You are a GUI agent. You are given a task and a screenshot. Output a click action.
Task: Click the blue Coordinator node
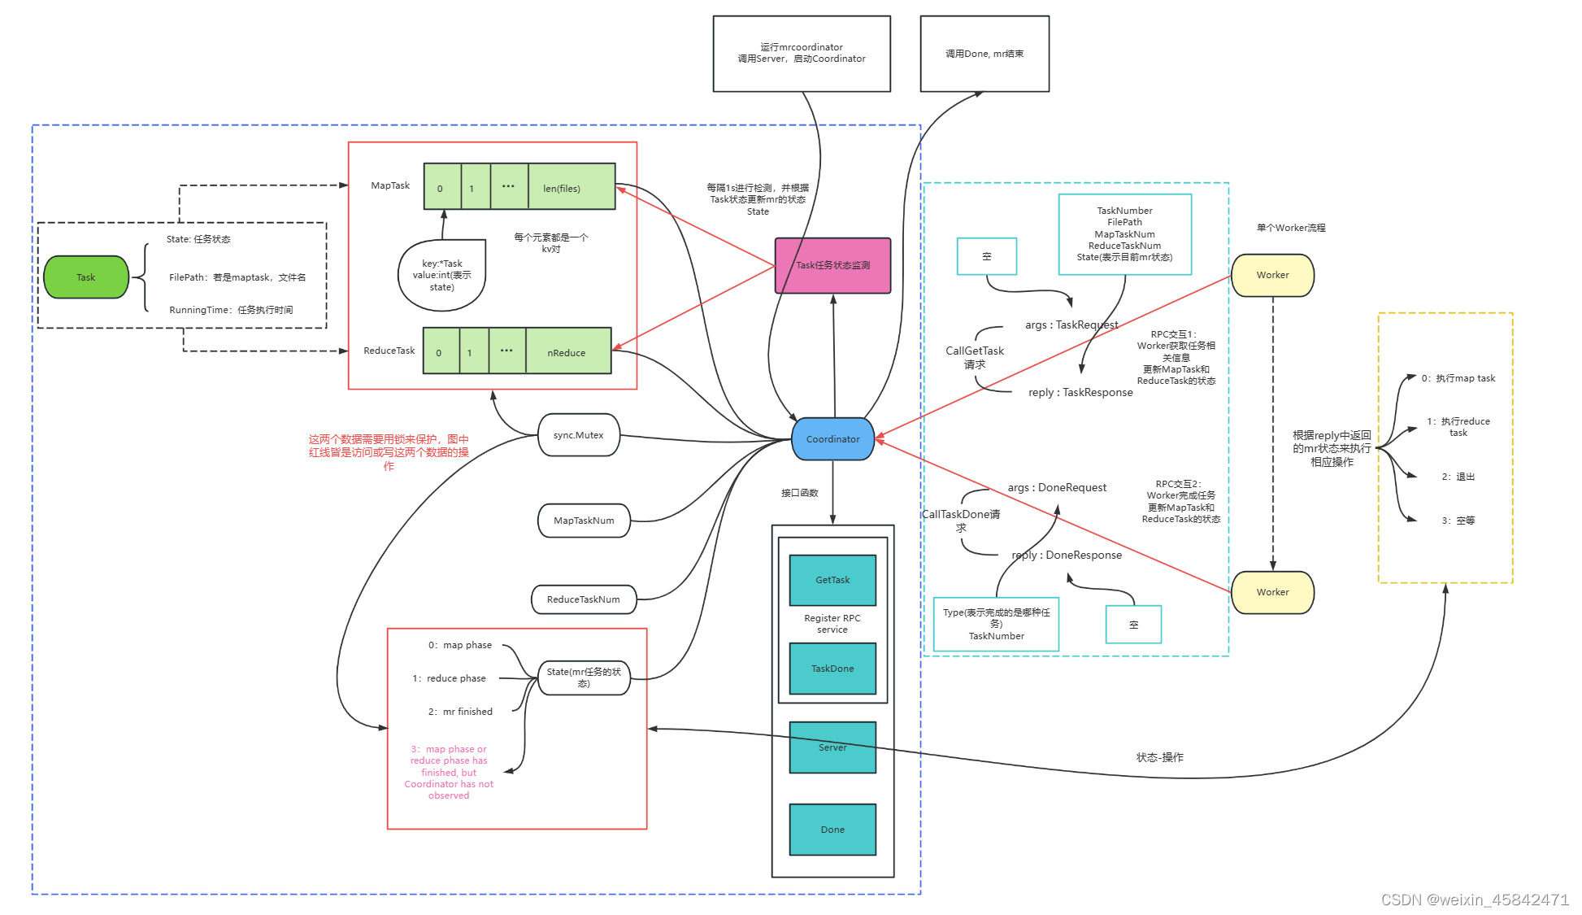[x=832, y=439]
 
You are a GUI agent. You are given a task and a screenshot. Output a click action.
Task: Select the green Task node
[x=86, y=277]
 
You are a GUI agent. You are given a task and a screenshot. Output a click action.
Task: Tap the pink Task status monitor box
[x=832, y=265]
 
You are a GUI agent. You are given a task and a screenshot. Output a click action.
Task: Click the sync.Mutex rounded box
[x=578, y=435]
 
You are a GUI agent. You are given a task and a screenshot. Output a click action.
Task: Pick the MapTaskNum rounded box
[x=584, y=521]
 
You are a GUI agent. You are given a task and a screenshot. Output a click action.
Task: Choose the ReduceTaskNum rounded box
[x=583, y=599]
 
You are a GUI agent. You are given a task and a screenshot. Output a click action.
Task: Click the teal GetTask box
[x=832, y=580]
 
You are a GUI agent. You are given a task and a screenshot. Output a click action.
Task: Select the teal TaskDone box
[x=832, y=669]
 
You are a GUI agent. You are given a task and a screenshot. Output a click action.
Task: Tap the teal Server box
[x=832, y=747]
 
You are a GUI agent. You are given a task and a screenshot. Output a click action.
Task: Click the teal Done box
[x=832, y=830]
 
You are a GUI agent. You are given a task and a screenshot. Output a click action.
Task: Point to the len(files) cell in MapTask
[x=571, y=187]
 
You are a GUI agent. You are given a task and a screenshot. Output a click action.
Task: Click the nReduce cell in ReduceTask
[x=567, y=351]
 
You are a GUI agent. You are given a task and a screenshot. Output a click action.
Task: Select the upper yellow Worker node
[x=1272, y=275]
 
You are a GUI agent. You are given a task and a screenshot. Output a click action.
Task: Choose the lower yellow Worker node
[x=1272, y=592]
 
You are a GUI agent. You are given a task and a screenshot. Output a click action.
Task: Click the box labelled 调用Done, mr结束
[x=984, y=54]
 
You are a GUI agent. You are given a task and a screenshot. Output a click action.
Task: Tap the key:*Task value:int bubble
[x=441, y=275]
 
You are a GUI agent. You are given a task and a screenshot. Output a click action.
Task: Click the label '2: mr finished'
[x=460, y=712]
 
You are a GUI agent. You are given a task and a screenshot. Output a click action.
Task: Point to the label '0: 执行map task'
[x=1458, y=378]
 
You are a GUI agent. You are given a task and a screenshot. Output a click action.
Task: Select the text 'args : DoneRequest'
[x=1057, y=487]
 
